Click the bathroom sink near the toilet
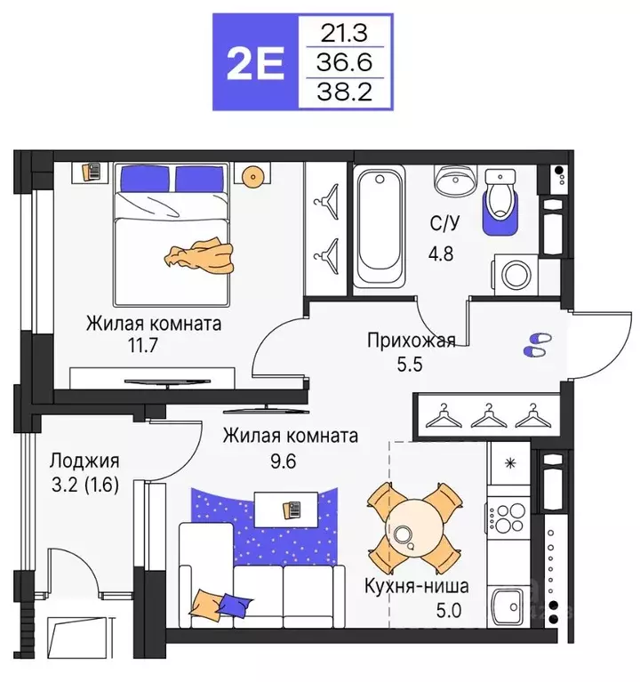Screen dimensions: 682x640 pyautogui.click(x=455, y=181)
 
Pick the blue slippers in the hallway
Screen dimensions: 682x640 pyautogui.click(x=537, y=345)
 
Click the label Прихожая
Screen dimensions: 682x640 pyautogui.click(x=412, y=339)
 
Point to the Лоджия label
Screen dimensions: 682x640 pyautogui.click(x=84, y=461)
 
